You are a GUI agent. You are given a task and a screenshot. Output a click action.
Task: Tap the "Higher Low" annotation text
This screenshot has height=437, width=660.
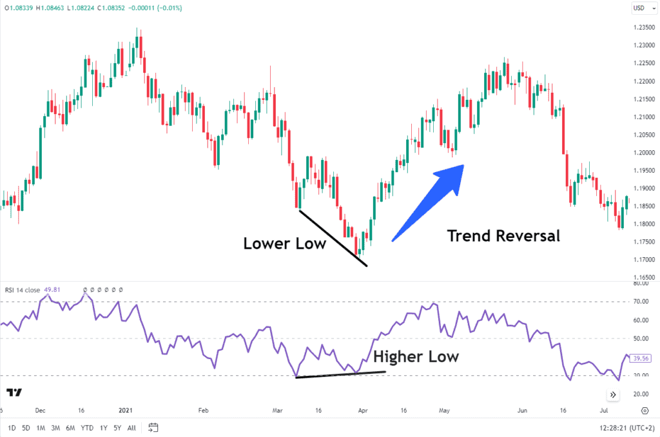[x=416, y=356]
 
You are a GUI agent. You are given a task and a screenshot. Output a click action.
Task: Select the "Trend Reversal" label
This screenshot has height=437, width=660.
[x=503, y=236]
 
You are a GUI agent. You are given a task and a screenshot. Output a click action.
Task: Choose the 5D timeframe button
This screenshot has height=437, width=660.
[x=26, y=427]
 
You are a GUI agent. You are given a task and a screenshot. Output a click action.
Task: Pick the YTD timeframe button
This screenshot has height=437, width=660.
[x=86, y=427]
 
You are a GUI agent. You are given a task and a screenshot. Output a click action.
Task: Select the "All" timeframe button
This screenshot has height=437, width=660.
[x=131, y=427]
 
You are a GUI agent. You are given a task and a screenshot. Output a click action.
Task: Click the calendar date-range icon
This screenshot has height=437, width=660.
[x=153, y=427]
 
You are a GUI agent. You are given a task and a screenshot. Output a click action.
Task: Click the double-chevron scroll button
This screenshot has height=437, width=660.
[x=614, y=394]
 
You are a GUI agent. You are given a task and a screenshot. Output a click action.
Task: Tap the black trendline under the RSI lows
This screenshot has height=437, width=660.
[x=340, y=374]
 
